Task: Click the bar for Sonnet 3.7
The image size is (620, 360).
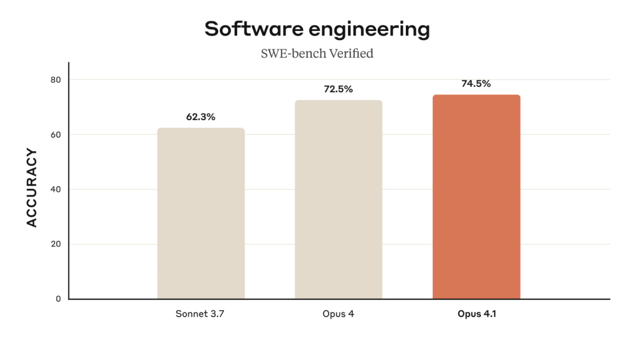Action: (201, 213)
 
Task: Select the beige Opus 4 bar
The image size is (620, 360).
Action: (338, 199)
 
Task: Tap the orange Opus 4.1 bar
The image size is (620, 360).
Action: (476, 196)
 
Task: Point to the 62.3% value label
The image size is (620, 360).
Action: (200, 117)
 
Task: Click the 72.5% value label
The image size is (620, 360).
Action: (338, 89)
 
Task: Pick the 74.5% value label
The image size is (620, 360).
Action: (476, 84)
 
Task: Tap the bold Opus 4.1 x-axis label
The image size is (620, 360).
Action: (476, 315)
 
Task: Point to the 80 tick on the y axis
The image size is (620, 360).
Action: (56, 80)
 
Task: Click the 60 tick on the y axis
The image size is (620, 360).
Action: (56, 135)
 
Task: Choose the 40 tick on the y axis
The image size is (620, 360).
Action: (56, 189)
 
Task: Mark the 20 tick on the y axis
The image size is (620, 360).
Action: (56, 244)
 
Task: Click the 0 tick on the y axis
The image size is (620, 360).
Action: (58, 299)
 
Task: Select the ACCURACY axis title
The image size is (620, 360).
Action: (32, 188)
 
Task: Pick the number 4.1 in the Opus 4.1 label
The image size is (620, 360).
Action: (489, 315)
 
